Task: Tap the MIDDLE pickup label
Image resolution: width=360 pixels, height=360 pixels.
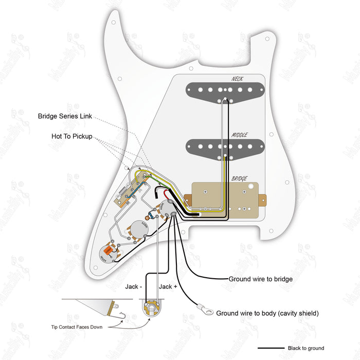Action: pos(239,135)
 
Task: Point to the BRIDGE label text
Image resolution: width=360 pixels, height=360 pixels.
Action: pos(240,178)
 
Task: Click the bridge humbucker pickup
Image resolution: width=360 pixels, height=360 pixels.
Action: pos(226,197)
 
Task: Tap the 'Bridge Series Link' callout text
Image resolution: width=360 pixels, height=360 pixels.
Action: pos(65,116)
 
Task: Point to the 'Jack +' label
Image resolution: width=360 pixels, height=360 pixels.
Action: pos(168,286)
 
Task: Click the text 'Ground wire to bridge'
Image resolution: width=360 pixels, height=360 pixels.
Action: pos(261,279)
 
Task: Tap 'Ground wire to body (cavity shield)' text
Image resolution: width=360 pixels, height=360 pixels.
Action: pos(267,313)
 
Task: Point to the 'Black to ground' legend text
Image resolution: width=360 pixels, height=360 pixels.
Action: pos(306,348)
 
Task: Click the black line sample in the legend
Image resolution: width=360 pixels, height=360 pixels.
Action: pos(271,348)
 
